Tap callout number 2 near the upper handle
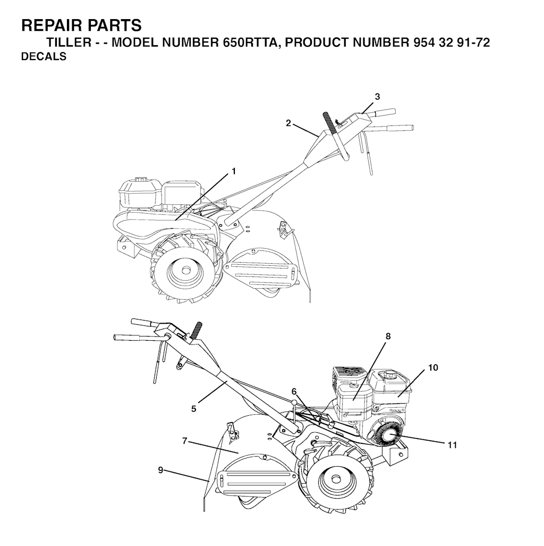pos(288,123)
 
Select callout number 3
pos(377,97)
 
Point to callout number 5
pos(194,408)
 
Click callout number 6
pos(294,391)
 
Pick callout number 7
pos(184,441)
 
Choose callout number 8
pos(388,336)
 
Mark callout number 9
pos(160,469)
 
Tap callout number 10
pos(433,367)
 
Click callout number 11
pos(452,445)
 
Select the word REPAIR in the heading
pos(51,25)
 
